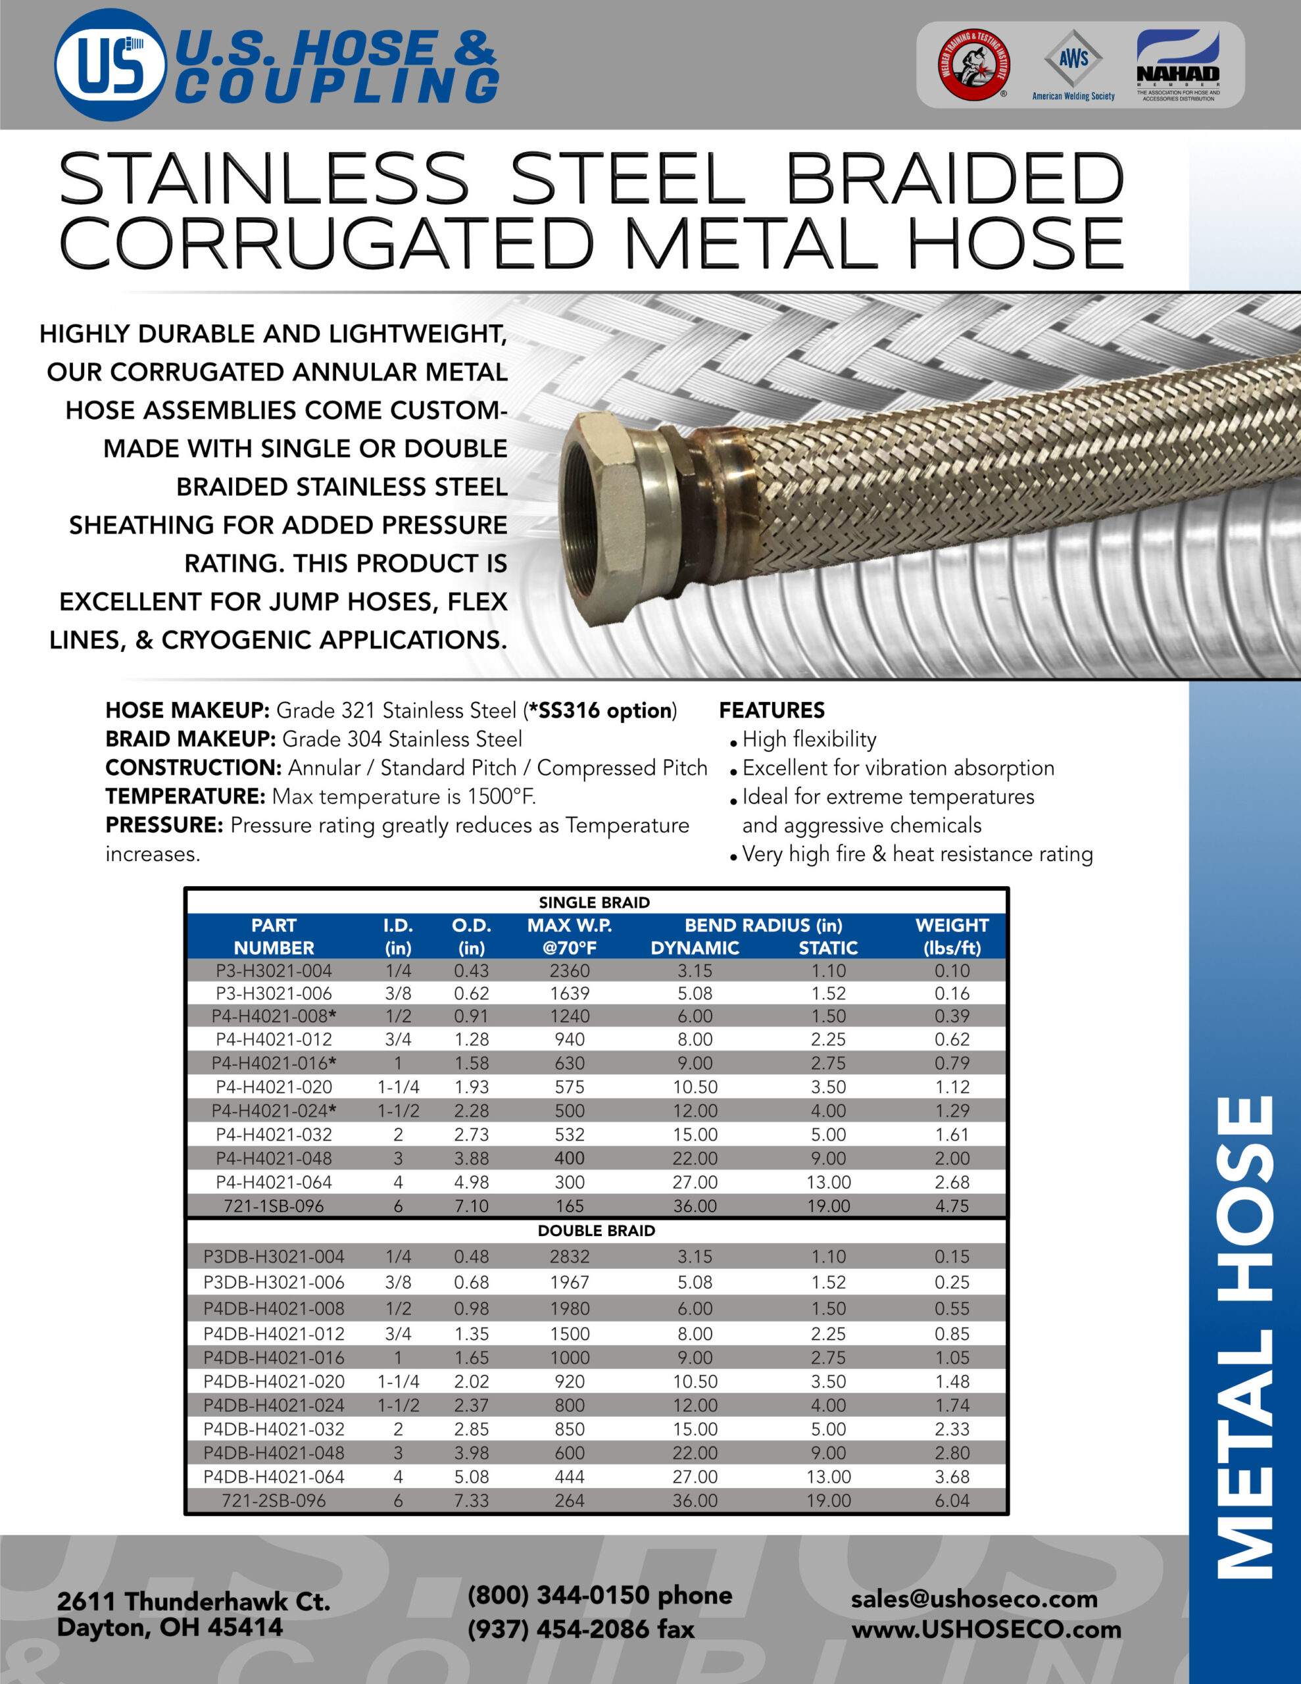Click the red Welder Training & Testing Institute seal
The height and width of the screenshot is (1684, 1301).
pos(974,64)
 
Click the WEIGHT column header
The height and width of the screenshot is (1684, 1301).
pos(952,936)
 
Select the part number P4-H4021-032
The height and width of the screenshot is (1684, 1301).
pos(274,1134)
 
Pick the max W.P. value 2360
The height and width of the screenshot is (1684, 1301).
pos(569,971)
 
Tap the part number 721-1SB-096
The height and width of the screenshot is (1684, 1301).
pos(274,1206)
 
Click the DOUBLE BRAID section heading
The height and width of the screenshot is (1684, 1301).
pos(596,1231)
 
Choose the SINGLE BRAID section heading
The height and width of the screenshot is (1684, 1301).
pos(594,902)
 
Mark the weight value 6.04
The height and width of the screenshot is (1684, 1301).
pos(952,1500)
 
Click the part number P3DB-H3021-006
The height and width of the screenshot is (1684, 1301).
pos(274,1282)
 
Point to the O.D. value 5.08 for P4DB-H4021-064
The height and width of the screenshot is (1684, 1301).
pos(471,1477)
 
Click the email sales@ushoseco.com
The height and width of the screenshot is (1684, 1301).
pos(974,1598)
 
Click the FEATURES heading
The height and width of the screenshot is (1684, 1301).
pos(772,710)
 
